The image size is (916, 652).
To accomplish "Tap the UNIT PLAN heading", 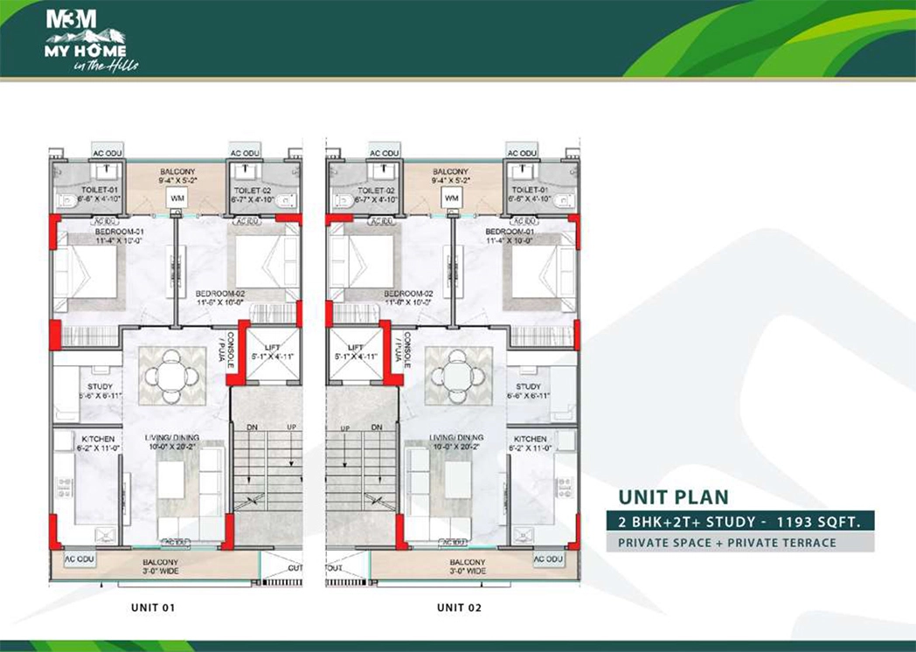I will pos(673,497).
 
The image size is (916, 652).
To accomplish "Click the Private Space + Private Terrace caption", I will pos(726,543).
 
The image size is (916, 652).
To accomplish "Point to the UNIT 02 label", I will pos(460,607).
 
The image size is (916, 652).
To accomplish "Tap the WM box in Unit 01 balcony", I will pos(177,198).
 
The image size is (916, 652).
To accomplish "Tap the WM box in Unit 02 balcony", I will pos(451,198).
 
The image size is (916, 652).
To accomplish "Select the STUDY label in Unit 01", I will pos(99,386).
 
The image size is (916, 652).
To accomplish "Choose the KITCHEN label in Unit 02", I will pos(530,439).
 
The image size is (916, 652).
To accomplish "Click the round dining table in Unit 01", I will pos(172,376).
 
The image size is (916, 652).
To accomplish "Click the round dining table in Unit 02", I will pos(455,376).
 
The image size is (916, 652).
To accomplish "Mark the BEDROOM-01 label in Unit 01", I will pos(119,232).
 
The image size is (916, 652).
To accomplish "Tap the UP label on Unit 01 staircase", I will pos(290,427).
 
